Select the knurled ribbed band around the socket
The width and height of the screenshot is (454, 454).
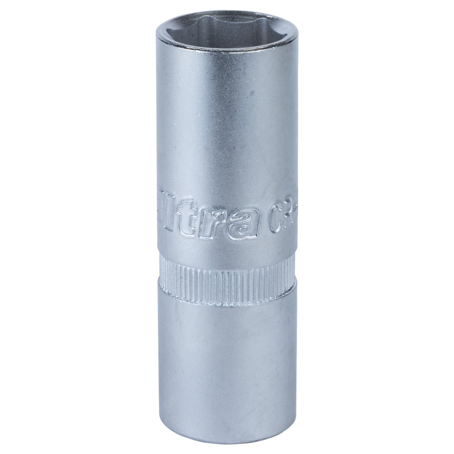[227, 277]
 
